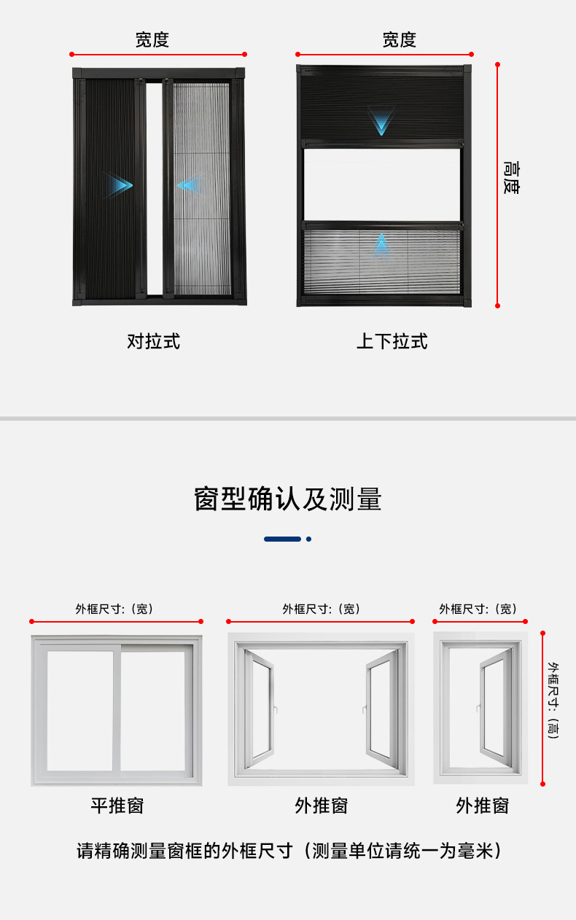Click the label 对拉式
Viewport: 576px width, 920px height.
point(153,341)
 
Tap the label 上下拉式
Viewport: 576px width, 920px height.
point(392,341)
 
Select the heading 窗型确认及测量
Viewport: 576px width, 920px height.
point(288,499)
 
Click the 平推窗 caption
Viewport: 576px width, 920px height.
point(117,806)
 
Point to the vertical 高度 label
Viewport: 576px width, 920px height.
point(512,177)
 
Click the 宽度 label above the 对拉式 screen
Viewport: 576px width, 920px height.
point(152,40)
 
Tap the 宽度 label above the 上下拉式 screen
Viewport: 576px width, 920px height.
point(399,40)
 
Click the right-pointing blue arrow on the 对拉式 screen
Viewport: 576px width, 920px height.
point(119,184)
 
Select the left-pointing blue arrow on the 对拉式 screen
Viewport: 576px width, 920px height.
point(188,185)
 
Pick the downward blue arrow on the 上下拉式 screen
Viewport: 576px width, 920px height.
point(381,122)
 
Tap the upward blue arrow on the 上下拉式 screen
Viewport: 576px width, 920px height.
point(381,244)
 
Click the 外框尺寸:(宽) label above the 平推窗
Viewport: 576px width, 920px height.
point(114,609)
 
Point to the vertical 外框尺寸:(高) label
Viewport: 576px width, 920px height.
point(553,701)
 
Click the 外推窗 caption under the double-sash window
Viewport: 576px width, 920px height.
point(321,806)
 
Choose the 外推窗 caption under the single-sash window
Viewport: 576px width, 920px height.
point(482,806)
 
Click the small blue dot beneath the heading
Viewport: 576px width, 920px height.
point(309,539)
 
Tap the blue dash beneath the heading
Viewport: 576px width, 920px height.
point(282,539)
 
